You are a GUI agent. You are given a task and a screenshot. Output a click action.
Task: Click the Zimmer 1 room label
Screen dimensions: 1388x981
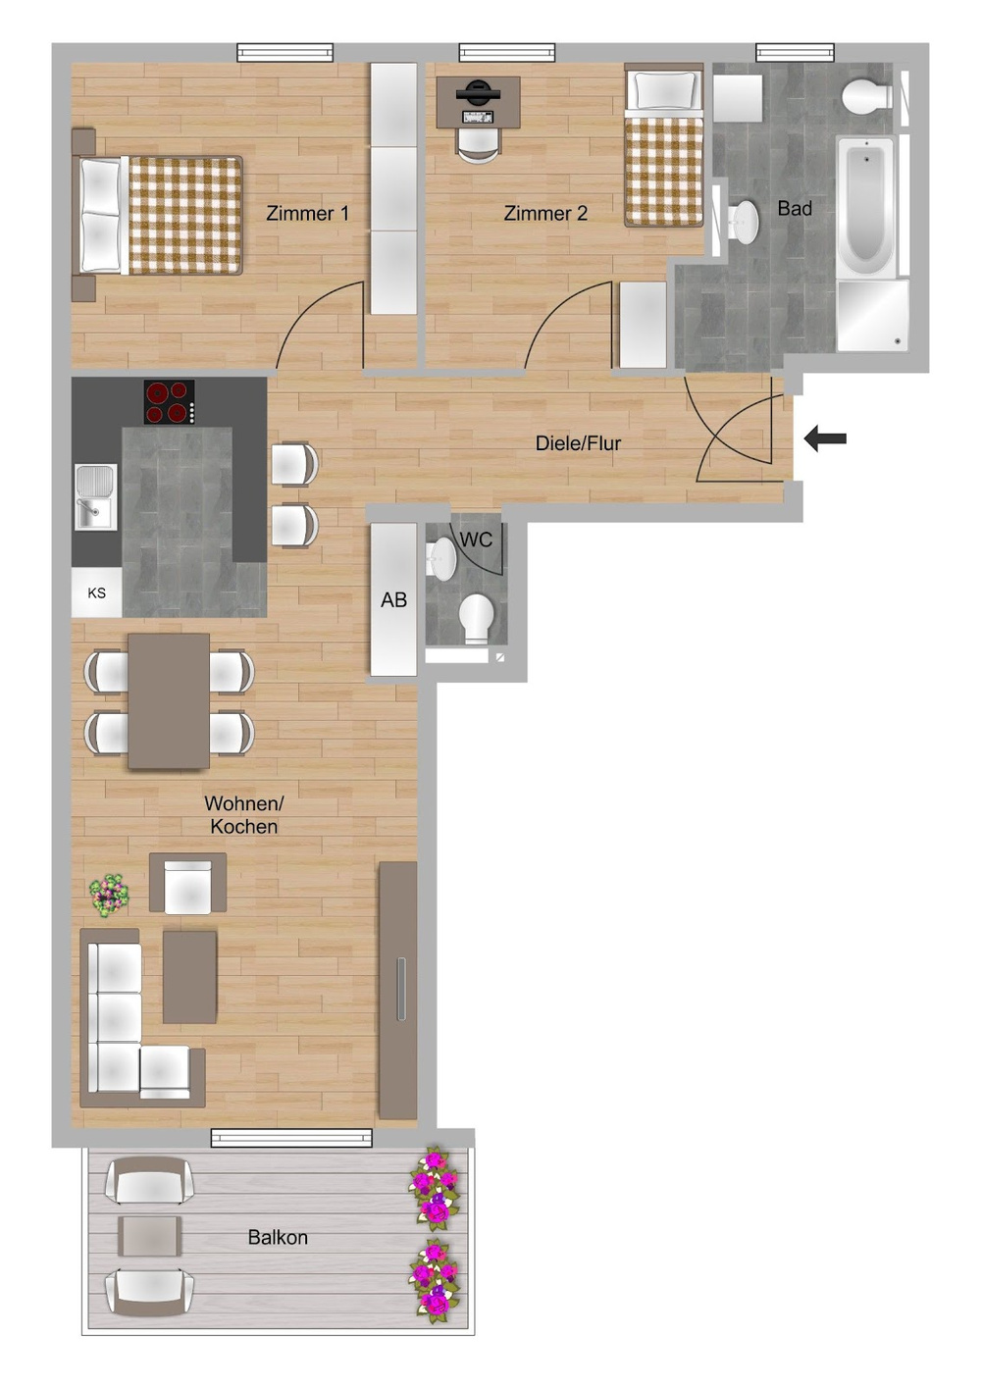[307, 213]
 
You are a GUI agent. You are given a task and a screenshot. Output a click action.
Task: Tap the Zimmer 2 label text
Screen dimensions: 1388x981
[545, 213]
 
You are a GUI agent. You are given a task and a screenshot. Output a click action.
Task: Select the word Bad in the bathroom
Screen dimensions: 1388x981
[795, 208]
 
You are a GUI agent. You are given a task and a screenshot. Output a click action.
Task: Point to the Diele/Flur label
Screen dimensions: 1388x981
[578, 443]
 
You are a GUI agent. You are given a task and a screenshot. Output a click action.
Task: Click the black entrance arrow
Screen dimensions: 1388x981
[825, 438]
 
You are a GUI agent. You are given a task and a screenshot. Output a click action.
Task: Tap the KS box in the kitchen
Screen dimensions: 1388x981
[96, 593]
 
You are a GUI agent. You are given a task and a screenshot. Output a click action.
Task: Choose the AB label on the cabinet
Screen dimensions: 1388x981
[393, 600]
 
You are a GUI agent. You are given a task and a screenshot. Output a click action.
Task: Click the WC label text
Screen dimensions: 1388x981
[476, 540]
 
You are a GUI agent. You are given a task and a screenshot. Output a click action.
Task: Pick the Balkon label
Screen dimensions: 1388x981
[278, 1238]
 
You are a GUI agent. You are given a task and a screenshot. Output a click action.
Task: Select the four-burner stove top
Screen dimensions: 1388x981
[169, 401]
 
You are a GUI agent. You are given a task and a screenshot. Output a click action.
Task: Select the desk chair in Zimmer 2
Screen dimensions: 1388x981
[478, 143]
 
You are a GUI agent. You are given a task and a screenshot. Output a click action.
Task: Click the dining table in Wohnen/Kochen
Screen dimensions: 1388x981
[169, 700]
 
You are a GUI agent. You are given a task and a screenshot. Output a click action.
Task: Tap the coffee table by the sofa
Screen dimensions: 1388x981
[189, 977]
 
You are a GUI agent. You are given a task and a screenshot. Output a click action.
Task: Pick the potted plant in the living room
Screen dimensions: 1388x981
[109, 894]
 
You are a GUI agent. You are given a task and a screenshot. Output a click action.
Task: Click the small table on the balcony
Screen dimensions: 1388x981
[150, 1236]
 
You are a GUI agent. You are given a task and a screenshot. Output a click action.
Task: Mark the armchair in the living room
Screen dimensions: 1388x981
[188, 884]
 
